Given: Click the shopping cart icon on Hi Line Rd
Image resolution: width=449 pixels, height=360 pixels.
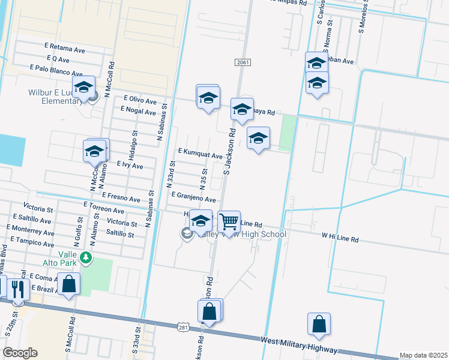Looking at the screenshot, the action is click(x=229, y=222).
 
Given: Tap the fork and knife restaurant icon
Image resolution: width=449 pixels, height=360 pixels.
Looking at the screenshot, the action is click(x=17, y=289).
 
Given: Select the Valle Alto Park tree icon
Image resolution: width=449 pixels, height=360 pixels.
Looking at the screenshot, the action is click(x=86, y=258).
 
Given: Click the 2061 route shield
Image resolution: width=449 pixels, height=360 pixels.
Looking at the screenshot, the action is click(x=243, y=62).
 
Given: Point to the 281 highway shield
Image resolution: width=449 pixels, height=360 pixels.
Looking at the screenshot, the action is click(x=184, y=327).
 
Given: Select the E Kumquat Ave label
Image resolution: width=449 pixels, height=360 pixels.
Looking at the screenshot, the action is click(x=200, y=155).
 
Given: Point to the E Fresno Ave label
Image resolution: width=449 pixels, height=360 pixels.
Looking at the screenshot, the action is click(x=121, y=197).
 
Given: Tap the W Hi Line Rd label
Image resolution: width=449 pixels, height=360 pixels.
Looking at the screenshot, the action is click(x=340, y=239).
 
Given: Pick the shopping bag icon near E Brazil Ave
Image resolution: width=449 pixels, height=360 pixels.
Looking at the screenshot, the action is click(x=69, y=284).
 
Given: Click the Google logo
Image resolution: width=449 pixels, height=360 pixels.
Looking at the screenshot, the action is click(x=20, y=353).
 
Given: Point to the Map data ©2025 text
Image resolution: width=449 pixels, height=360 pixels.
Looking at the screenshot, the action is click(x=424, y=355).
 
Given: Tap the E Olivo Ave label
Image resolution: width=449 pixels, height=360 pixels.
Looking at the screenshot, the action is click(x=140, y=98).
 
